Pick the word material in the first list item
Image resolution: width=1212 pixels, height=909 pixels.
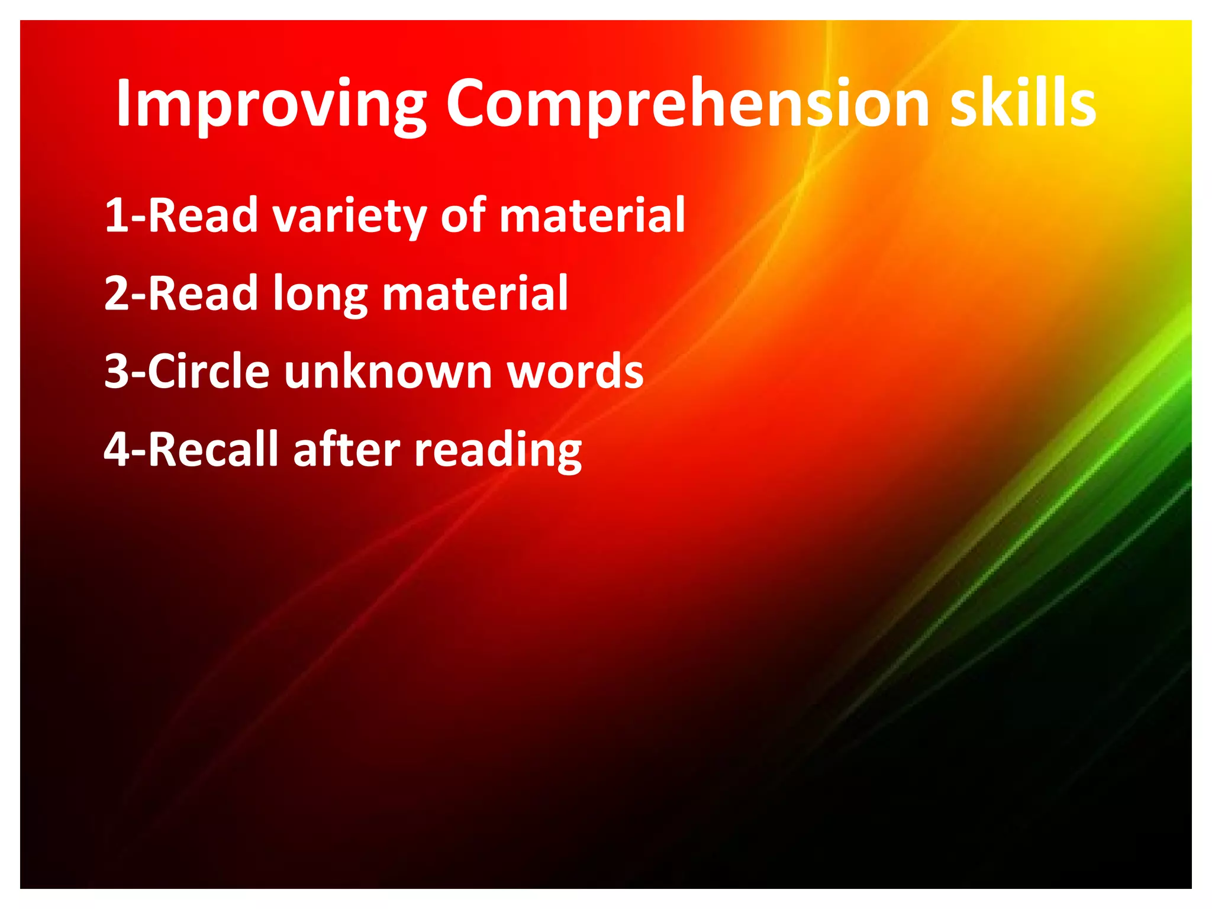(x=592, y=215)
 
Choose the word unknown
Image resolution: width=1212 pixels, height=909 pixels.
(x=388, y=372)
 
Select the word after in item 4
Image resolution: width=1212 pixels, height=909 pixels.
(x=347, y=450)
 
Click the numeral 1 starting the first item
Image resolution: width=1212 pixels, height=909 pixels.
(x=116, y=215)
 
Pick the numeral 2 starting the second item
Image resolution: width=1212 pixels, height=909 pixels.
(x=116, y=294)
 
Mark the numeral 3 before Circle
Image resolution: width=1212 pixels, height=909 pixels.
(x=116, y=372)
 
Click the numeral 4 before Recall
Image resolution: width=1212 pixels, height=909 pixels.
(x=116, y=450)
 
